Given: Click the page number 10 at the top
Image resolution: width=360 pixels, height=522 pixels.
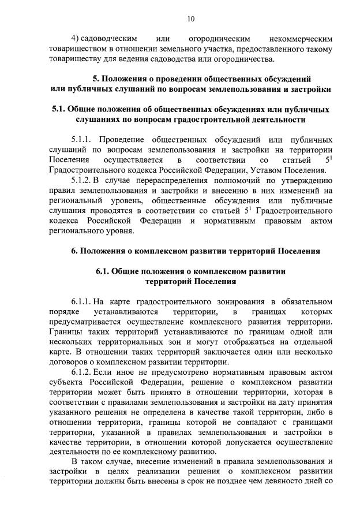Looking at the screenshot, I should point(191,19).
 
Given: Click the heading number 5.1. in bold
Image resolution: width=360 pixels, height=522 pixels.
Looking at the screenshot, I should point(59,109).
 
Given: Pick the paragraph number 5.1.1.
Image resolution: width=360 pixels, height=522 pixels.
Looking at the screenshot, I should point(83,140).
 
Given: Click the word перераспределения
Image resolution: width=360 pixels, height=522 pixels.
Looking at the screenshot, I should point(170,180).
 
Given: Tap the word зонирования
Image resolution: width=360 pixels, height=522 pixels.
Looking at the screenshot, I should point(237,301).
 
